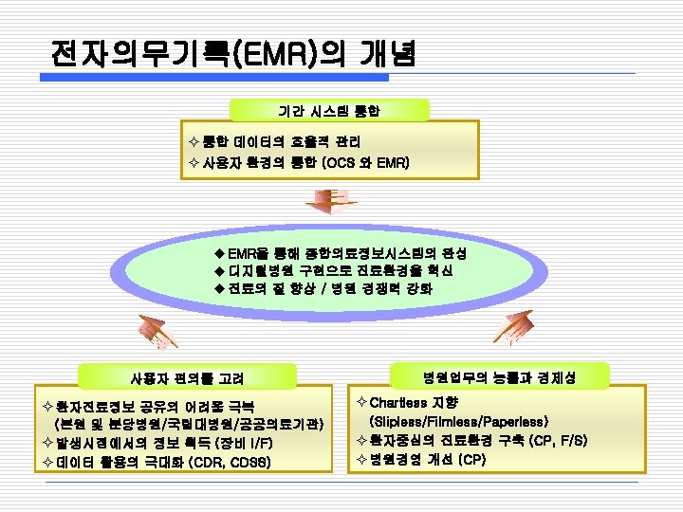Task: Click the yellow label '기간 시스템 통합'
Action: coord(328,112)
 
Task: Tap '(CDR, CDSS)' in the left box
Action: coord(231,463)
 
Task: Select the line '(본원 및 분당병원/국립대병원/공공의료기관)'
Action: coord(190,423)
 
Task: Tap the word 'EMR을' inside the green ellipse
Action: coord(249,253)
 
